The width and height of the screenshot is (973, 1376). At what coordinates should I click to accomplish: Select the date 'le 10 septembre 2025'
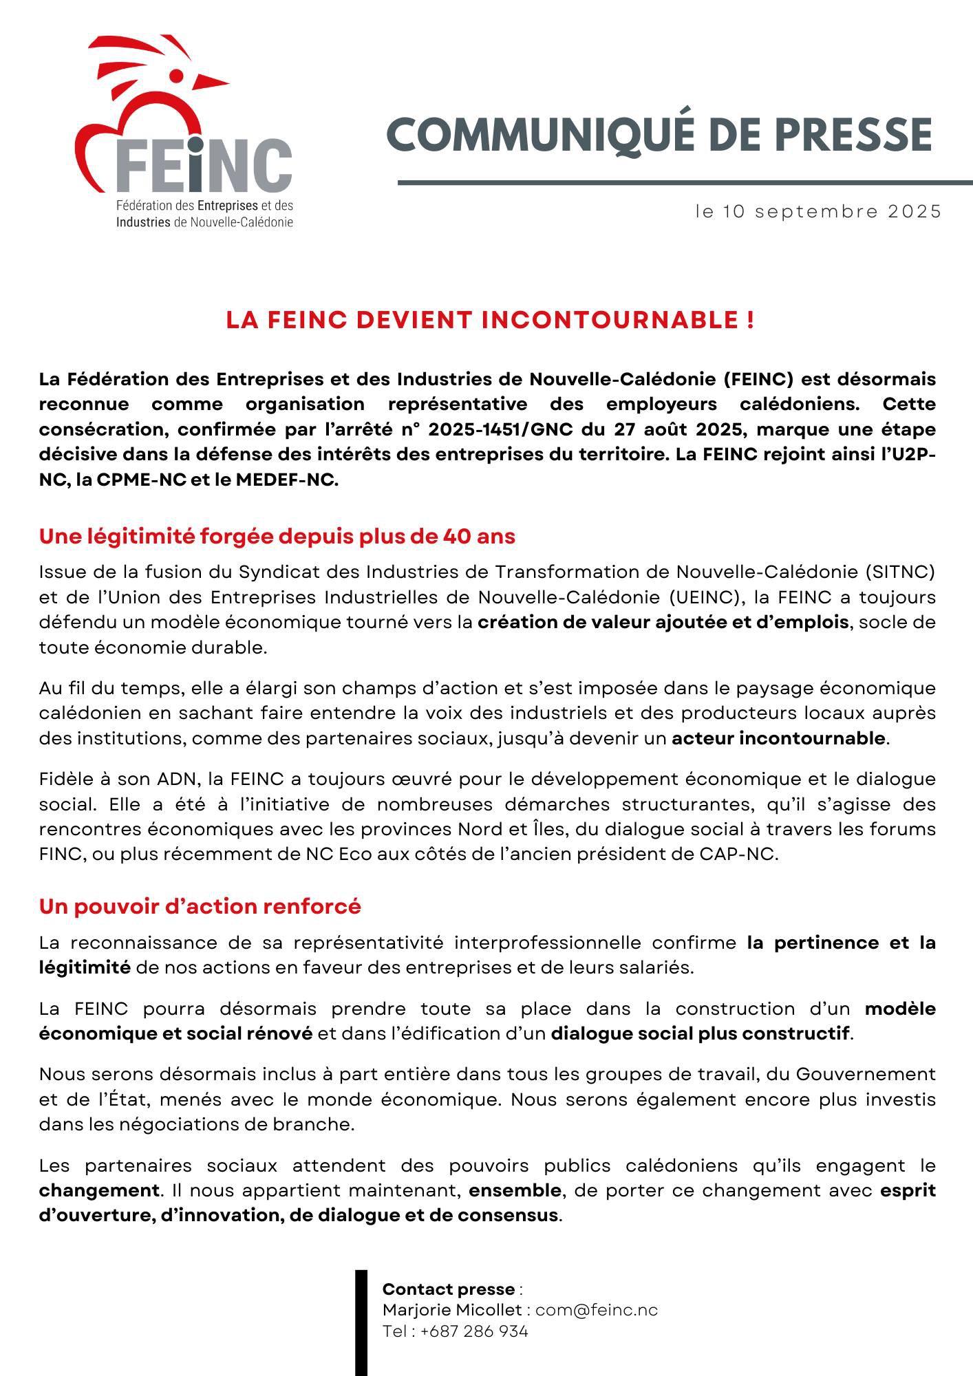point(817,211)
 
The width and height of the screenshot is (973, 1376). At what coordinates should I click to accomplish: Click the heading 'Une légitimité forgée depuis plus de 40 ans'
point(277,536)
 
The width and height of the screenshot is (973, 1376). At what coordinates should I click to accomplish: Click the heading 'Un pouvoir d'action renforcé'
point(200,907)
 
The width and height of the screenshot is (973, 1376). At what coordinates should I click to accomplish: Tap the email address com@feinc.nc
point(596,1310)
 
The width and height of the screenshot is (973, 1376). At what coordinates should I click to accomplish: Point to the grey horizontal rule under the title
point(685,182)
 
